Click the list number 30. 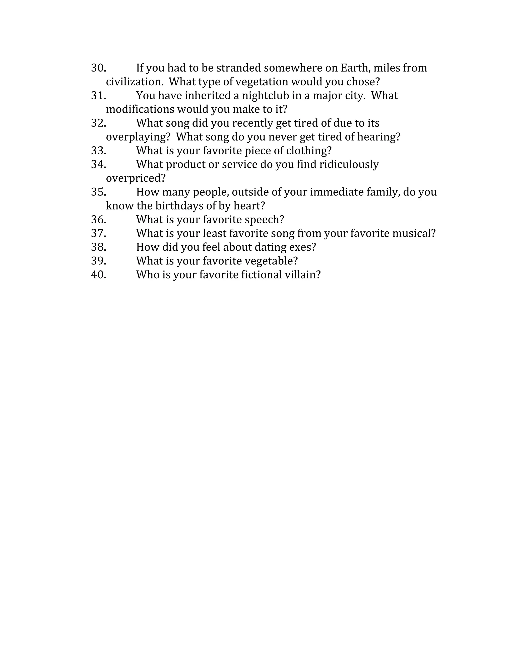tap(98, 68)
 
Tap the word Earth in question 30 tap(355, 68)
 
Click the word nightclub tap(265, 96)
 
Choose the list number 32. tap(98, 123)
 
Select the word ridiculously tap(349, 164)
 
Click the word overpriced tap(136, 178)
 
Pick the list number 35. tap(98, 192)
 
